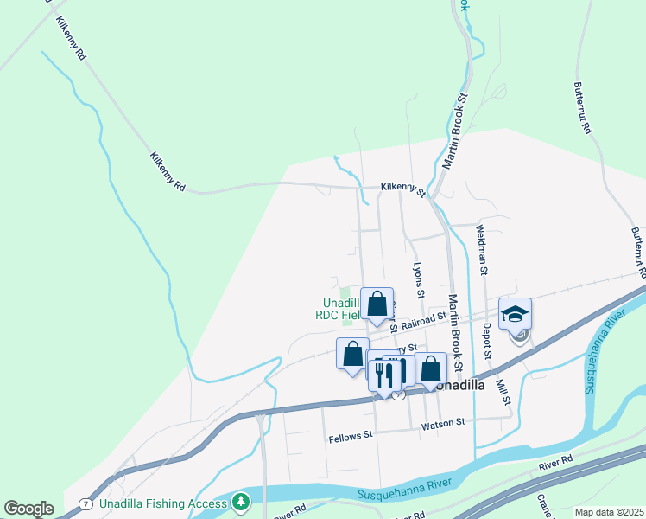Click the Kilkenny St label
(x=403, y=189)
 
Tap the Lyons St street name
(x=419, y=280)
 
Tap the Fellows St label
(x=351, y=438)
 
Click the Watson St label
(x=443, y=423)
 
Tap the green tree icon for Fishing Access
(x=241, y=501)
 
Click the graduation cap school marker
(x=515, y=313)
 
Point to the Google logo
(x=28, y=509)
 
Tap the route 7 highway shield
(x=85, y=503)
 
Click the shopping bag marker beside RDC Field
(x=377, y=304)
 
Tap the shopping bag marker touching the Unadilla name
(x=430, y=368)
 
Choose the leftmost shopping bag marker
(x=352, y=354)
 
